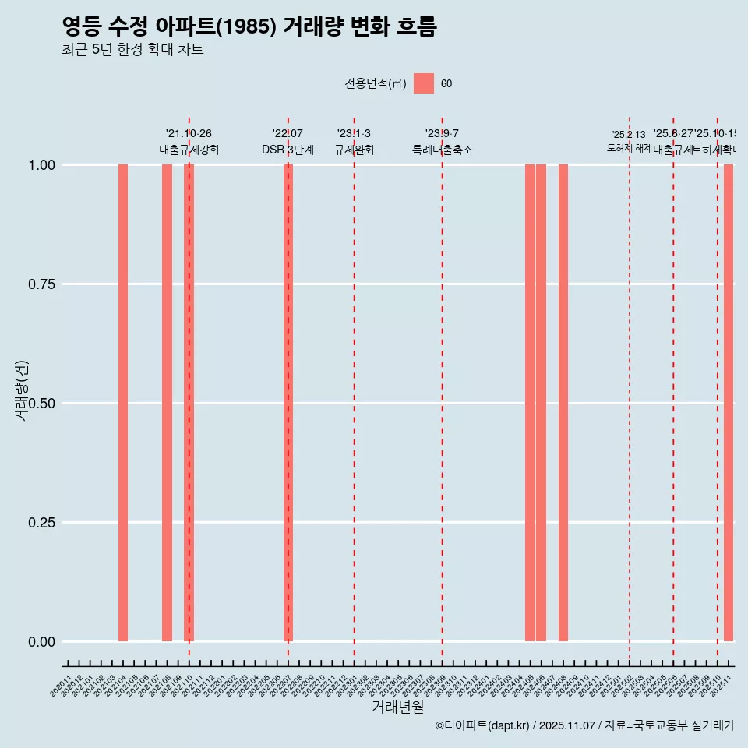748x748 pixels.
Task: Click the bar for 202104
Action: pos(123,403)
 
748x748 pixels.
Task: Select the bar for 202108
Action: pos(167,403)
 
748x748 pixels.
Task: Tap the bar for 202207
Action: pos(288,403)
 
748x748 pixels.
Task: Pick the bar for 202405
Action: pos(530,403)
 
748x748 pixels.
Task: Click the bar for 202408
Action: pos(563,403)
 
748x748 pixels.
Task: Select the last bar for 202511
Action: pos(729,403)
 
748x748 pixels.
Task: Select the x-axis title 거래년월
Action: pos(398,707)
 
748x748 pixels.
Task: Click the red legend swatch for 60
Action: pos(423,83)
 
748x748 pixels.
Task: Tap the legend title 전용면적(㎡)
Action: pos(375,83)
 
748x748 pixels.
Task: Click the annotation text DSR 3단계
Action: pos(288,150)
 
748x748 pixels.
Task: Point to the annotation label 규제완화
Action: pos(355,150)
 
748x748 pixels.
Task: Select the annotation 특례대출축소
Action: pos(443,150)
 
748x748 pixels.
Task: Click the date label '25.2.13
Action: pos(629,135)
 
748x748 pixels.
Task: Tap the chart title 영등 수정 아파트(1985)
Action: pos(249,26)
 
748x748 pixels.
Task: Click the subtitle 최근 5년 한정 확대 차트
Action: pos(132,50)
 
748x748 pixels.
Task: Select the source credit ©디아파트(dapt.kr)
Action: pos(482,725)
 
